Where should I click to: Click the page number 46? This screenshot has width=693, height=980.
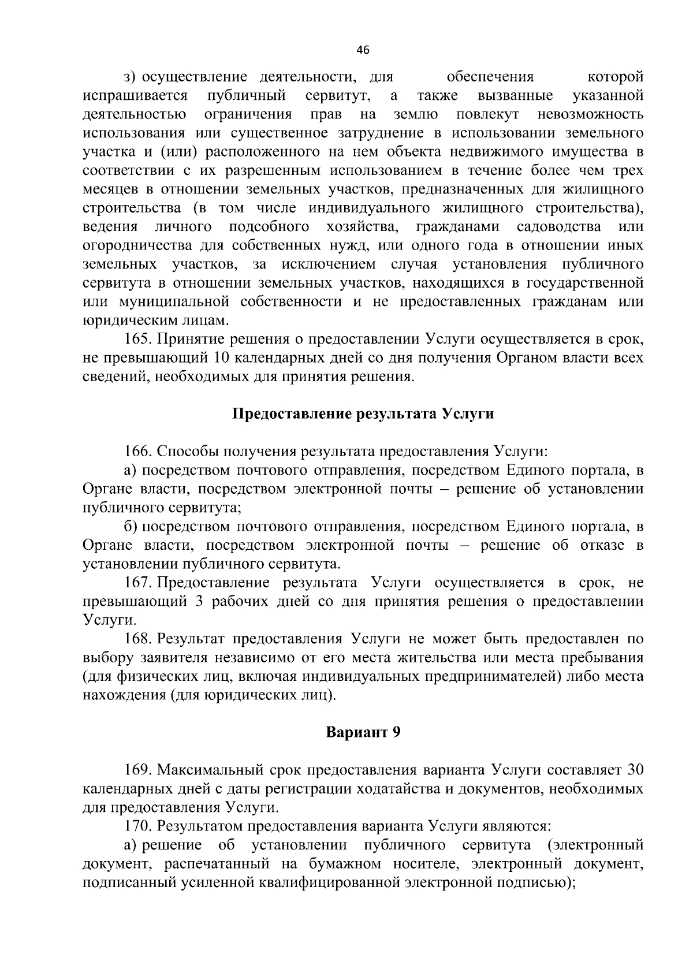[x=363, y=50]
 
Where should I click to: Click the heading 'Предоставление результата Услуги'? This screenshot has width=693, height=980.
[x=363, y=414]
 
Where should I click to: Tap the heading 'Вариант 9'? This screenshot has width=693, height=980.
[x=363, y=732]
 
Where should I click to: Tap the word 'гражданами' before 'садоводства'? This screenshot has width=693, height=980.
[x=457, y=226]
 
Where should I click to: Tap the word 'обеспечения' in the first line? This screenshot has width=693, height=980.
[x=490, y=77]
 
